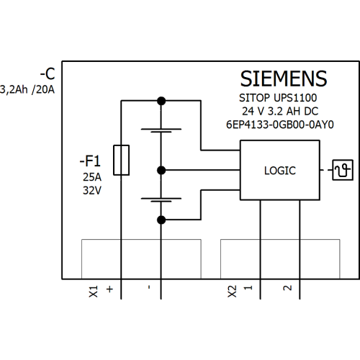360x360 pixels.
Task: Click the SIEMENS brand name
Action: point(284,78)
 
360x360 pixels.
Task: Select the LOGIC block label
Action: point(280,171)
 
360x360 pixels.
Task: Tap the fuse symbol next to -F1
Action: point(121,160)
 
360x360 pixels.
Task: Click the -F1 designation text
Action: point(90,161)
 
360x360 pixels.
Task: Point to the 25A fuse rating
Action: point(92,177)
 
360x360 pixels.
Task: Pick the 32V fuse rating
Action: point(92,191)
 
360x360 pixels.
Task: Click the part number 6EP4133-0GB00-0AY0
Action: point(280,125)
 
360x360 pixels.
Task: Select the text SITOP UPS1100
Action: point(278,98)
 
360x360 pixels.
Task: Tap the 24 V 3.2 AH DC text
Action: point(280,111)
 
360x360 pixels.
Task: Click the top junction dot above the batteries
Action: point(161,101)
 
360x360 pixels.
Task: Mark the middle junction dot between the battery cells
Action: point(161,171)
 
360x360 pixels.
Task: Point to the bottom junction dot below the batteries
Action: point(161,220)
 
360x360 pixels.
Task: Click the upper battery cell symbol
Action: point(161,130)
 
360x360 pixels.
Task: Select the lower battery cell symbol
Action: point(161,199)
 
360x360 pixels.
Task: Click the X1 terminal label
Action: point(94,292)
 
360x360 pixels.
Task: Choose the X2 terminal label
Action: point(232,292)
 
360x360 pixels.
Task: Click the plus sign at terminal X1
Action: point(109,289)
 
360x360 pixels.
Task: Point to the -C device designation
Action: point(48,74)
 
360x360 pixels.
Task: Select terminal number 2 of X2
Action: point(287,288)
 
